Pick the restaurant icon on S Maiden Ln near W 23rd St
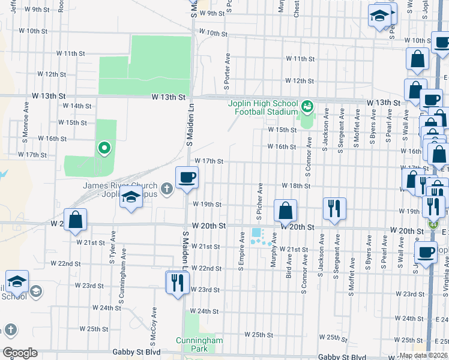coord(176,281)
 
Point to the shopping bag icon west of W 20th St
coord(76,220)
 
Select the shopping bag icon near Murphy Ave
coord(286,210)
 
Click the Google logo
coord(20,353)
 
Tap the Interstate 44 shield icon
coord(433,224)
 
